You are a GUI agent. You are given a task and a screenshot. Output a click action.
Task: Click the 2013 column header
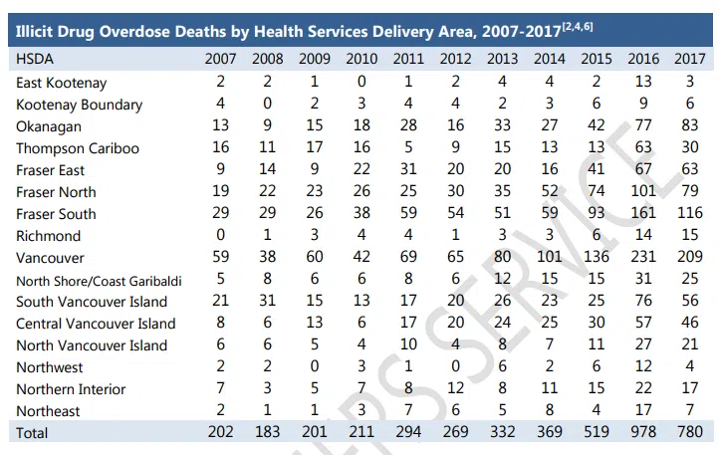coord(504,59)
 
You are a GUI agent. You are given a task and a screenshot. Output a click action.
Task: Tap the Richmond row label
coord(49,236)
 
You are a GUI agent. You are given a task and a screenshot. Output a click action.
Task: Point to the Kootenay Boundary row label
coord(79,105)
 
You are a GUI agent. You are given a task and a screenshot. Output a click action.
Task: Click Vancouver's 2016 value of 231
coord(642,258)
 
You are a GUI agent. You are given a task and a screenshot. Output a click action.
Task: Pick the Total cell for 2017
coord(686,433)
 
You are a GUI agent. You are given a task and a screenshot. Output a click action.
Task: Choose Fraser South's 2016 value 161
coord(642,214)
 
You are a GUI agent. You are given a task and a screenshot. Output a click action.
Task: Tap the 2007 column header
coord(220,59)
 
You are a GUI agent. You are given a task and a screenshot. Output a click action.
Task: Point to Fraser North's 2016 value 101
coord(642,192)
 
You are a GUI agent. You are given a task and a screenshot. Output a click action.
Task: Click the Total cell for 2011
coord(408,433)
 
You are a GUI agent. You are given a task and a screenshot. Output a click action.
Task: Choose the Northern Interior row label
coord(71,389)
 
